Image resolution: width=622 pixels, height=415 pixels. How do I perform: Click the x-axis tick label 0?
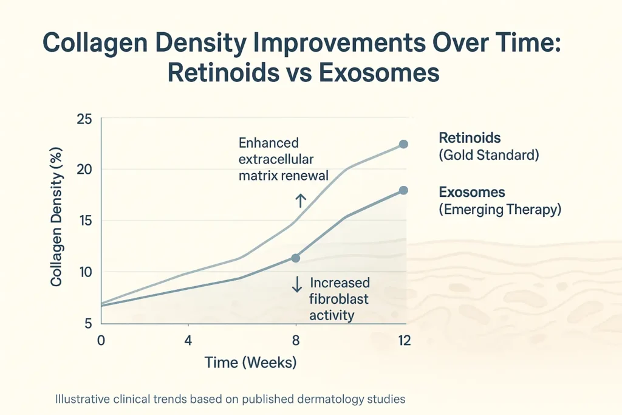click(x=101, y=340)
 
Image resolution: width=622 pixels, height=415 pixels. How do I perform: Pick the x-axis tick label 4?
click(x=188, y=340)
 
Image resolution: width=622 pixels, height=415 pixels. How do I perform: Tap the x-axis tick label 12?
click(x=403, y=340)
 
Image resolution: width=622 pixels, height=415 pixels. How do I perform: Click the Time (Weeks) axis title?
click(x=250, y=363)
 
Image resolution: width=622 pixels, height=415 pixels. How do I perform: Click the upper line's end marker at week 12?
click(x=404, y=144)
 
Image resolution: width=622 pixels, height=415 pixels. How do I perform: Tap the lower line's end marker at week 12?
click(x=404, y=190)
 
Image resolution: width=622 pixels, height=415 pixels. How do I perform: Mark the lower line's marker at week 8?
click(x=296, y=258)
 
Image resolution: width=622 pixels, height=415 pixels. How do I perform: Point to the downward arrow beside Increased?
click(x=297, y=284)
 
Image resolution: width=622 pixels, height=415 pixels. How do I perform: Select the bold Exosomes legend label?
click(x=471, y=192)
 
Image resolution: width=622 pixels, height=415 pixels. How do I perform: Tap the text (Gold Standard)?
click(x=488, y=155)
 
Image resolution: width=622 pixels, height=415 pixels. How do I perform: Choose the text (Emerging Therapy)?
click(x=499, y=210)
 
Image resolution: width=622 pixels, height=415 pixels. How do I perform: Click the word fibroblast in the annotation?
click(x=339, y=299)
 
